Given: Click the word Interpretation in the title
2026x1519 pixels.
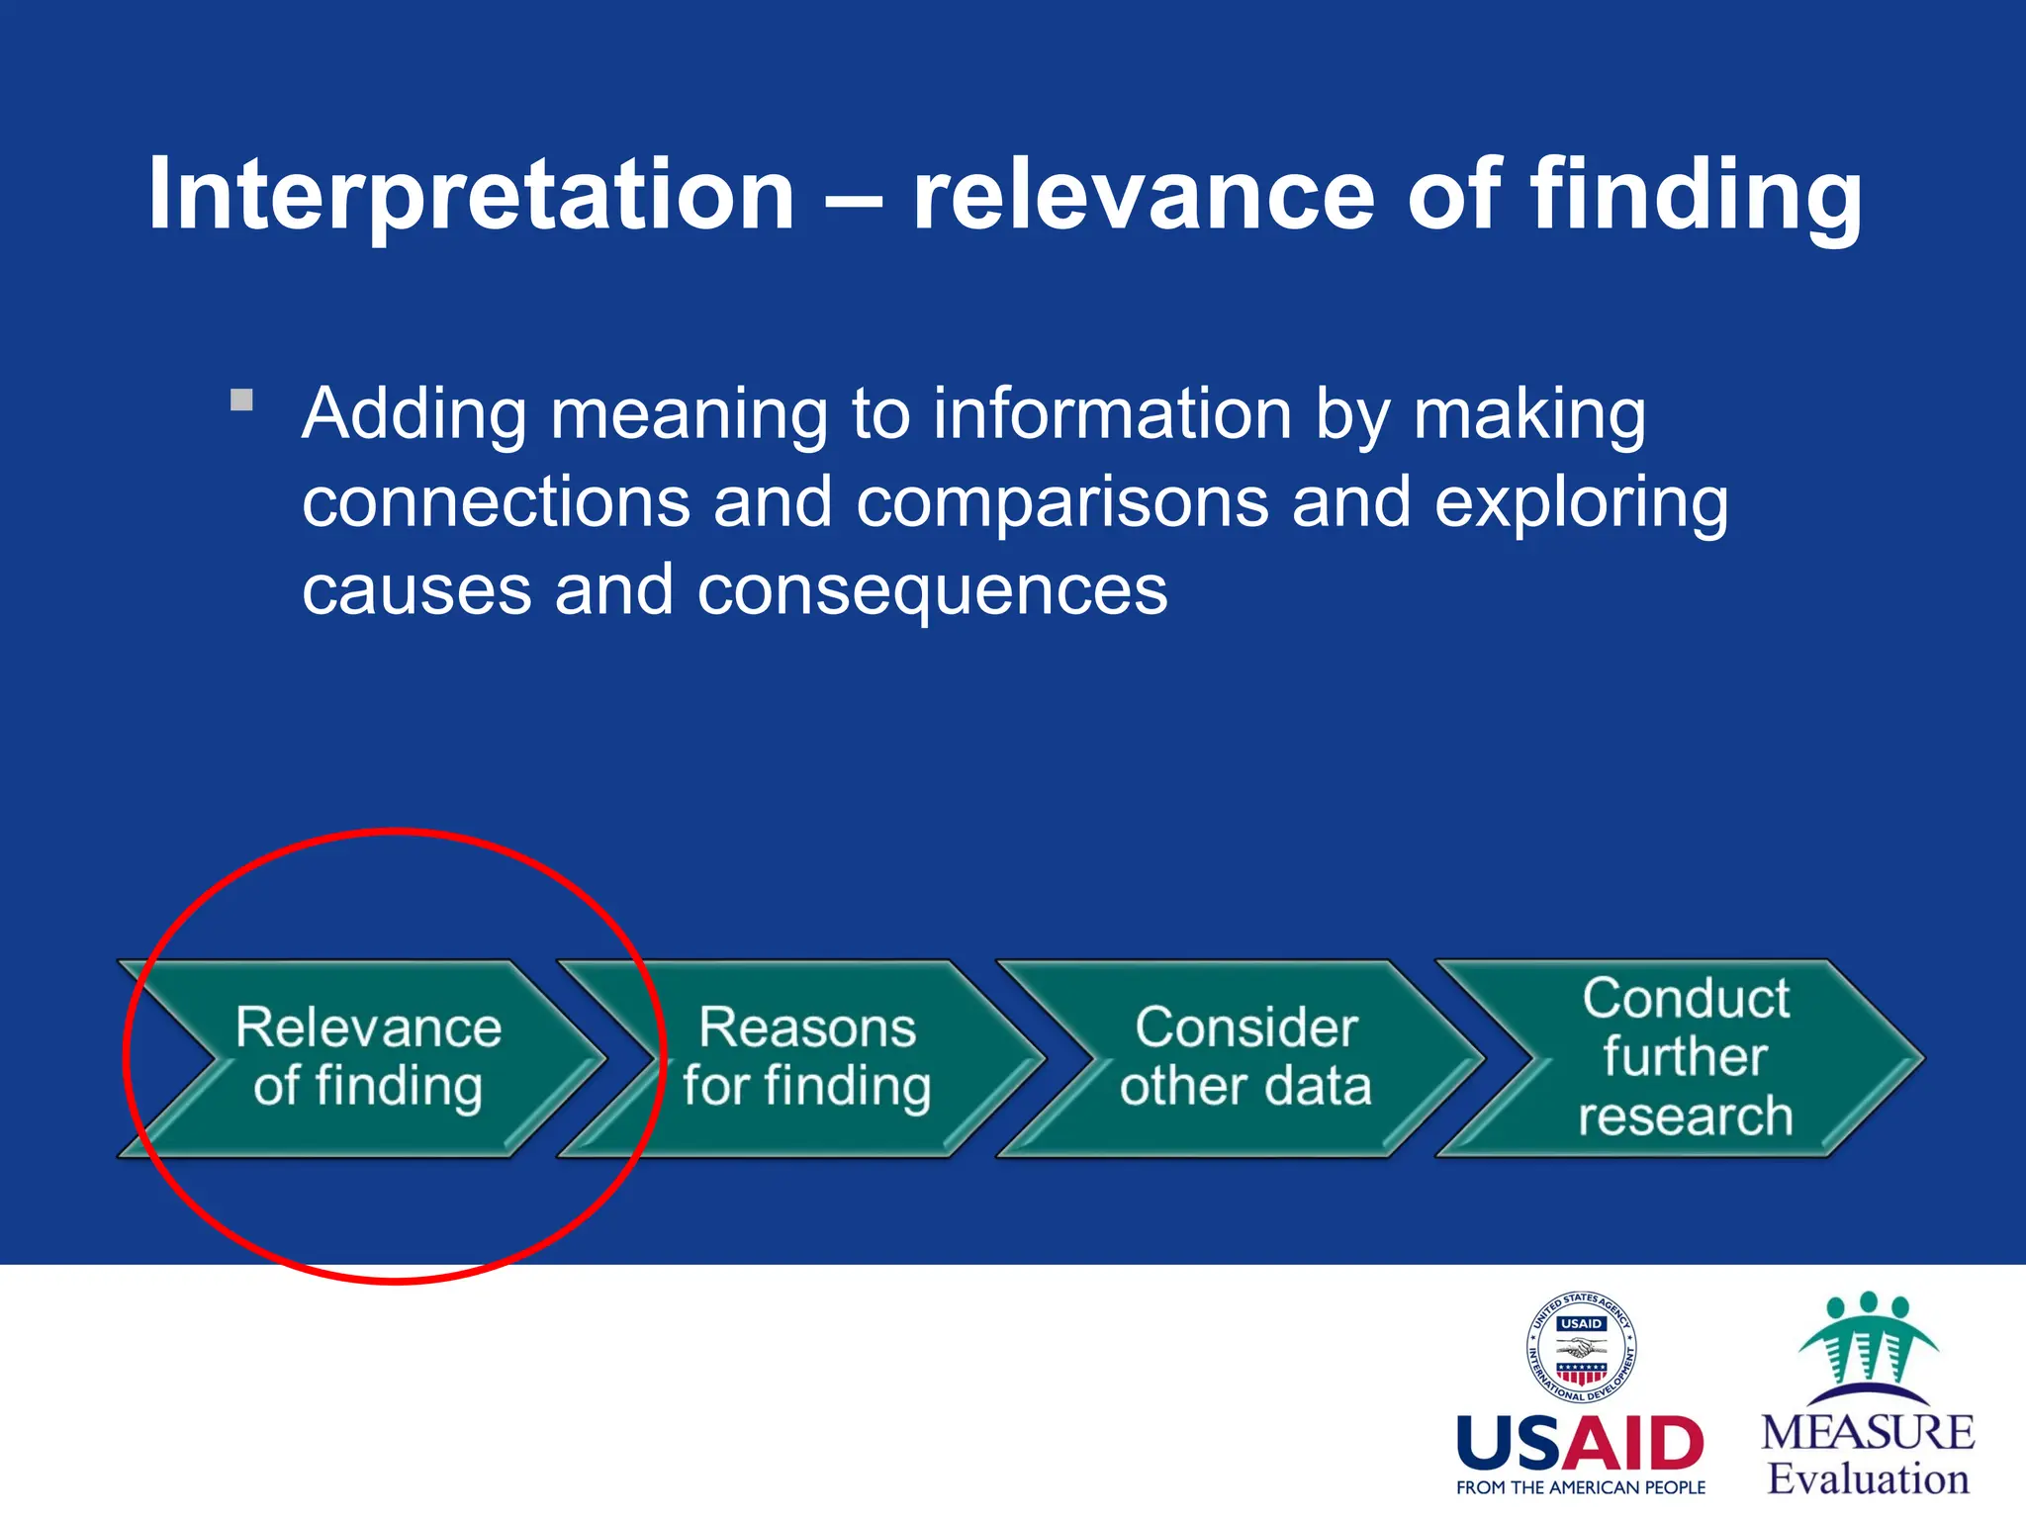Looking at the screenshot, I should (x=471, y=195).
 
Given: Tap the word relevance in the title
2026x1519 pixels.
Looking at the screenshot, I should (x=1143, y=195).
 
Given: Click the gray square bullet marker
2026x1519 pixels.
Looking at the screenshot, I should (x=241, y=401).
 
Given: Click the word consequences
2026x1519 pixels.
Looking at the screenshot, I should (x=932, y=590).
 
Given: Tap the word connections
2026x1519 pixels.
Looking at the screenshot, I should (x=496, y=503).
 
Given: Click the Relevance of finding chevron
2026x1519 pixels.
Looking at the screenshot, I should (x=368, y=1057).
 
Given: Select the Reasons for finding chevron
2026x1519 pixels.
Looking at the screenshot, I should (x=806, y=1057).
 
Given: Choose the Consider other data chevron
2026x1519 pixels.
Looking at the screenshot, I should (x=1245, y=1057).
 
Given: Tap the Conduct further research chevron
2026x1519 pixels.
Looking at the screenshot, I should (x=1685, y=1057).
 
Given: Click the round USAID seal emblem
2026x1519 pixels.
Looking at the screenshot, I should (x=1581, y=1348).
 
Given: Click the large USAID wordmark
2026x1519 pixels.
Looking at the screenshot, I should (x=1580, y=1445).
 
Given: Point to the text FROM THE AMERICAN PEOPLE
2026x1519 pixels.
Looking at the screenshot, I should (x=1580, y=1488).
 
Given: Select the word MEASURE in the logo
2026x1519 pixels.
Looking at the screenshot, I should (x=1867, y=1433).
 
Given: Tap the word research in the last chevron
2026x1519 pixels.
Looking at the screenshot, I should (x=1685, y=1117).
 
